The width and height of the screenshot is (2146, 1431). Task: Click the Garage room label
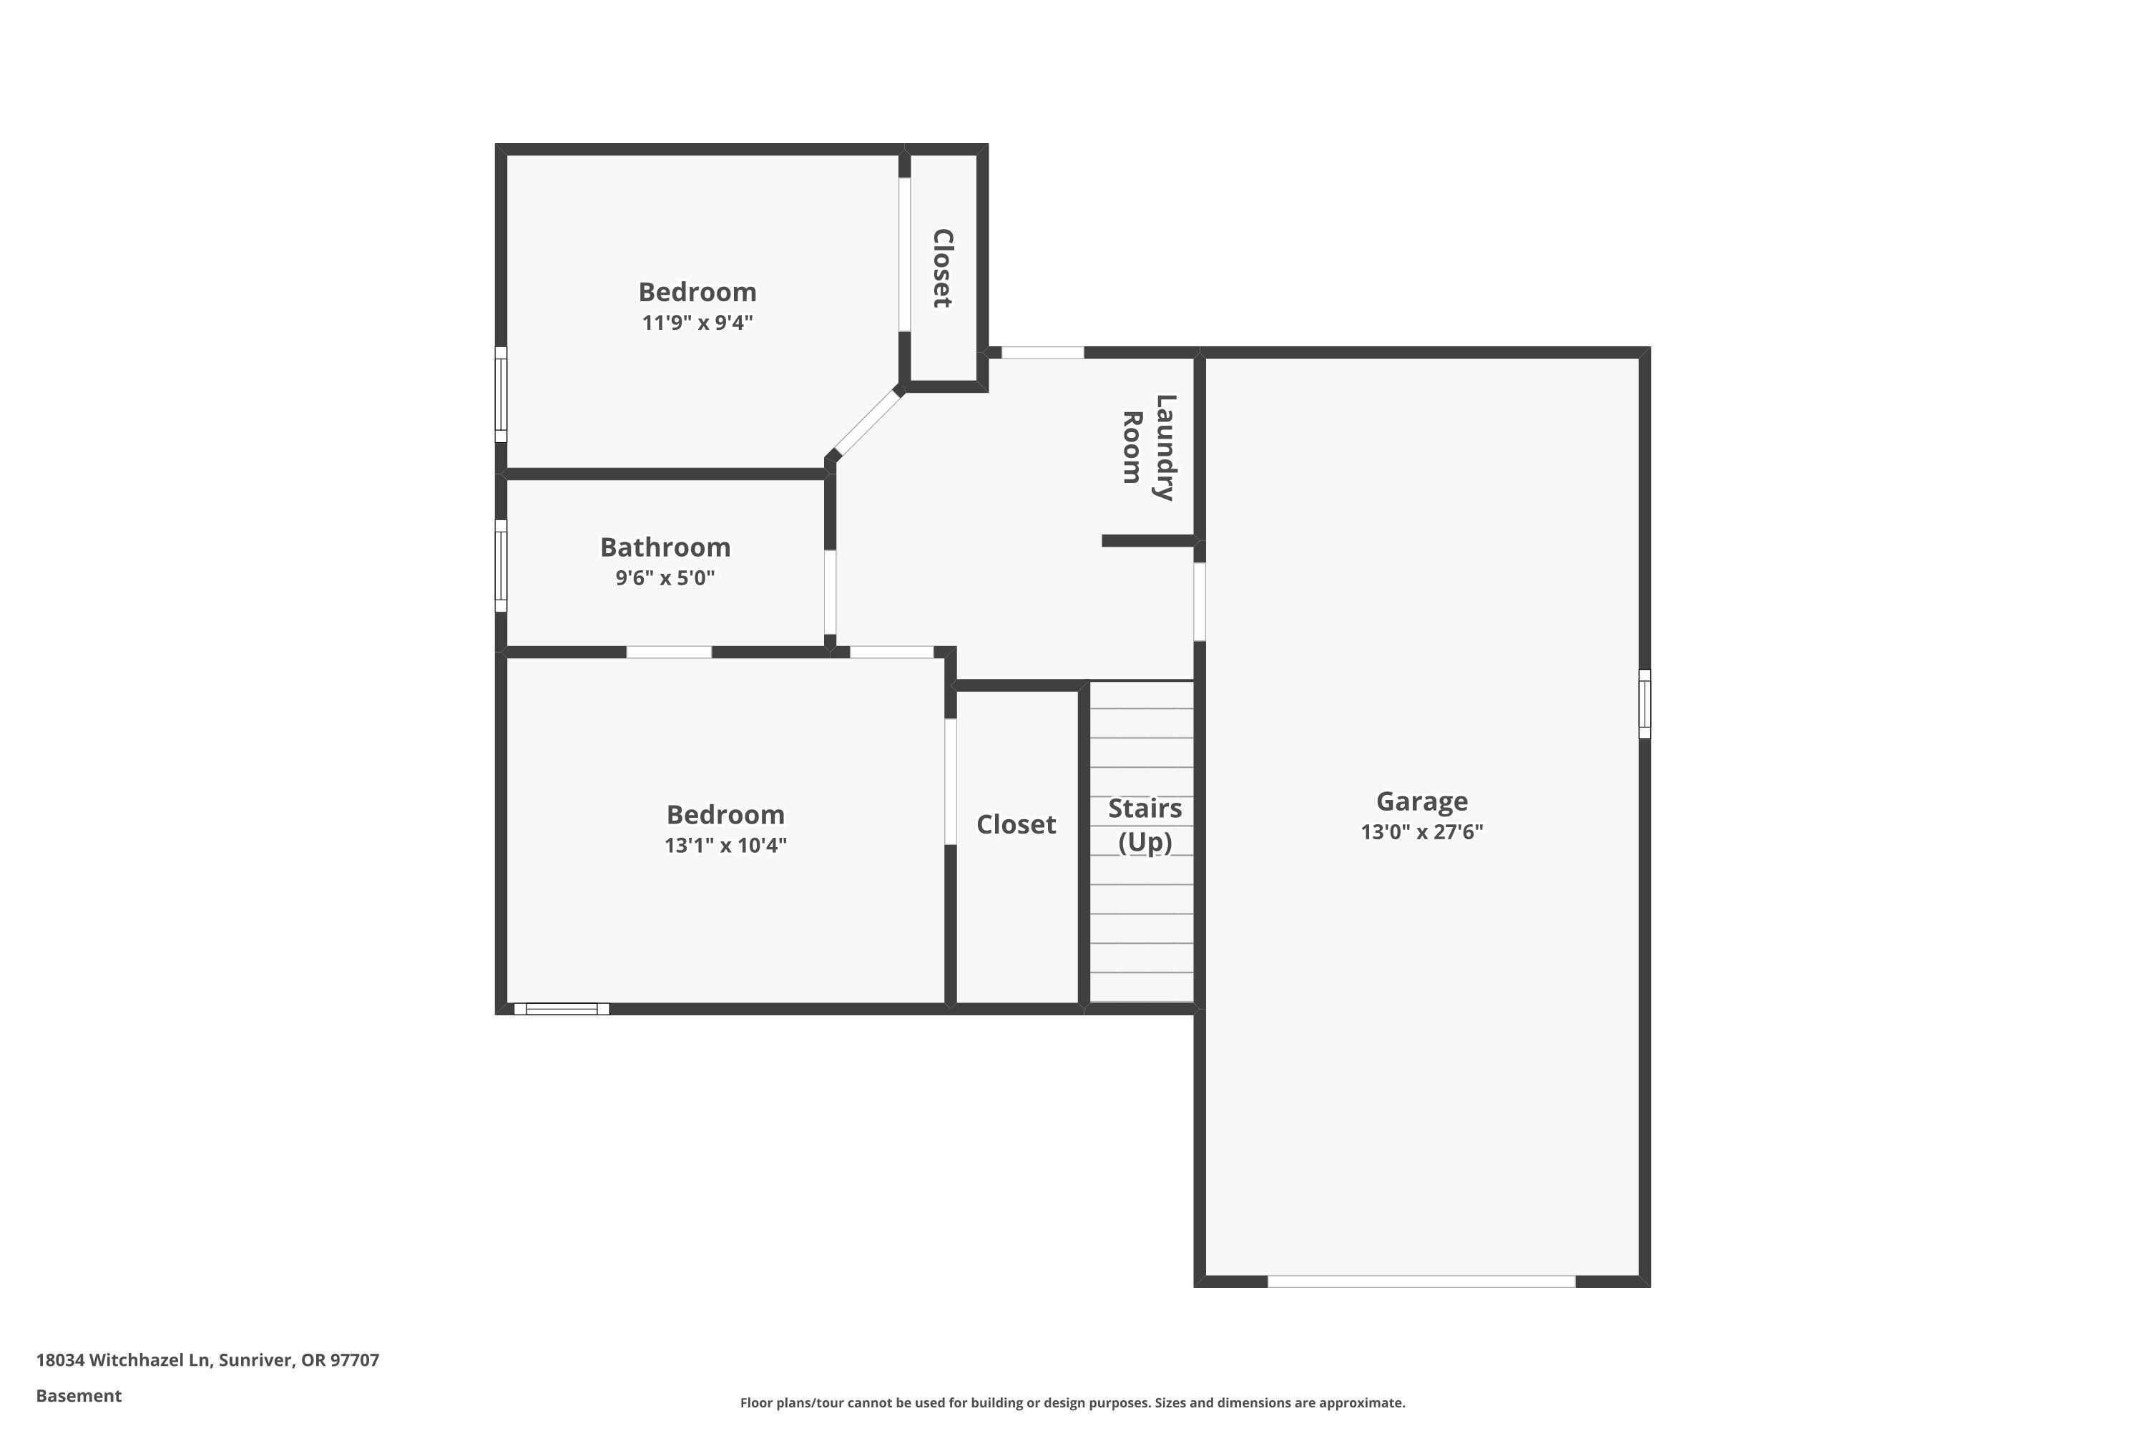(x=1421, y=801)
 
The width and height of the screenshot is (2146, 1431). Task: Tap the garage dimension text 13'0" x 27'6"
(x=1421, y=831)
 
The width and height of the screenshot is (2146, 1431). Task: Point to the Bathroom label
(x=665, y=547)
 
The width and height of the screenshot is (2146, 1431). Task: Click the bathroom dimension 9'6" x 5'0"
(x=665, y=577)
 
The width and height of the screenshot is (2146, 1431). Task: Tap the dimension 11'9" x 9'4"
(x=697, y=322)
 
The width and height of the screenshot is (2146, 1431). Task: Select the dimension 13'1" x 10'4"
(x=725, y=845)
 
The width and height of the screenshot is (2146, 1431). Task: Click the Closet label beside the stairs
(x=1016, y=824)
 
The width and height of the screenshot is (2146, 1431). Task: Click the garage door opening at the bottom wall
(x=1421, y=1281)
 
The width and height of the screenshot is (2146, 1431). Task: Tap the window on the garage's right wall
(x=1644, y=703)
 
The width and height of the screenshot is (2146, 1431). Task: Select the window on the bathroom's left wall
(x=501, y=566)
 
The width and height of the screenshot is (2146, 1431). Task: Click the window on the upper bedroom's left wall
(x=501, y=394)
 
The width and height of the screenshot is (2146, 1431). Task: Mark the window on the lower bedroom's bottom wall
(x=561, y=1008)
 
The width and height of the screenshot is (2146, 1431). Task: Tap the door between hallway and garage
(x=1199, y=602)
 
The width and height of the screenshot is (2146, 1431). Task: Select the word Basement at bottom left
(x=79, y=1395)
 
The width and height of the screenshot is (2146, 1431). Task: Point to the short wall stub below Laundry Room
(x=1148, y=541)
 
